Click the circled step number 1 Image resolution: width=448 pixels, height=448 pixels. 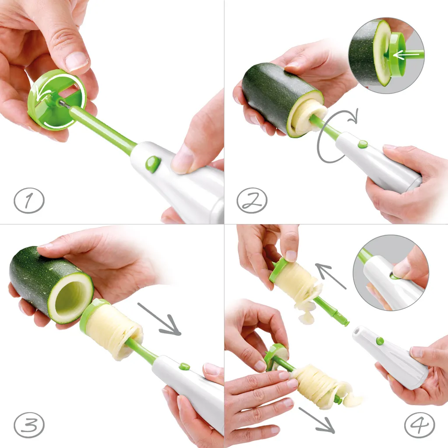click(x=29, y=200)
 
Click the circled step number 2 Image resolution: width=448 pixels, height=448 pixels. click(x=252, y=200)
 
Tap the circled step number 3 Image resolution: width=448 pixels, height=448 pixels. click(x=29, y=424)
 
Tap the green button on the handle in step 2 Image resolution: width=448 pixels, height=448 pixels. click(x=363, y=144)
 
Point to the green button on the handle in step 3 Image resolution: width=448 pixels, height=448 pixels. click(x=185, y=366)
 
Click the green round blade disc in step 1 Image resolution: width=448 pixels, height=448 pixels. click(x=56, y=100)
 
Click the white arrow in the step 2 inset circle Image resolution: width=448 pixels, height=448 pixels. click(x=406, y=54)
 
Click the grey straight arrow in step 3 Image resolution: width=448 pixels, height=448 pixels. click(x=159, y=319)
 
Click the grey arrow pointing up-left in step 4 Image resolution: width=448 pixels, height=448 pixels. click(x=330, y=276)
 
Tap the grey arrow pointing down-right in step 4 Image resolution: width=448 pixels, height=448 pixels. click(x=317, y=420)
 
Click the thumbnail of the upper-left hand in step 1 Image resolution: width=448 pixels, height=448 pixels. click(x=76, y=61)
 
